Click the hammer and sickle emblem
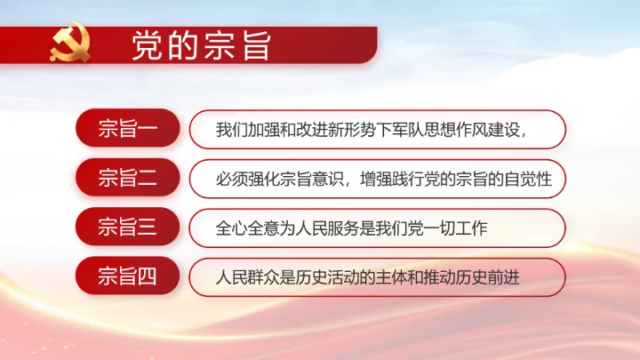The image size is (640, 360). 70,45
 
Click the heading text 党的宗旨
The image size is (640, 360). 201,45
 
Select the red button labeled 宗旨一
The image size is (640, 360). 128,129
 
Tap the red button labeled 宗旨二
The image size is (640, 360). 128,179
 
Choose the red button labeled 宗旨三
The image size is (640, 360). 128,228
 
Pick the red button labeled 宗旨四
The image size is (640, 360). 128,277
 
